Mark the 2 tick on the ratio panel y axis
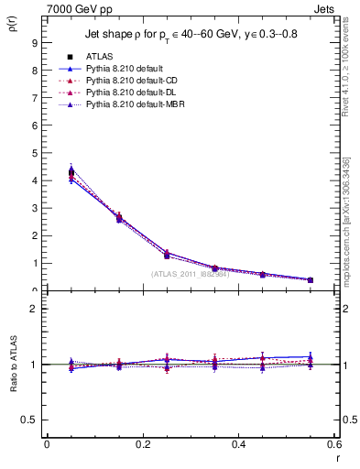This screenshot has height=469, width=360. click(33, 309)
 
